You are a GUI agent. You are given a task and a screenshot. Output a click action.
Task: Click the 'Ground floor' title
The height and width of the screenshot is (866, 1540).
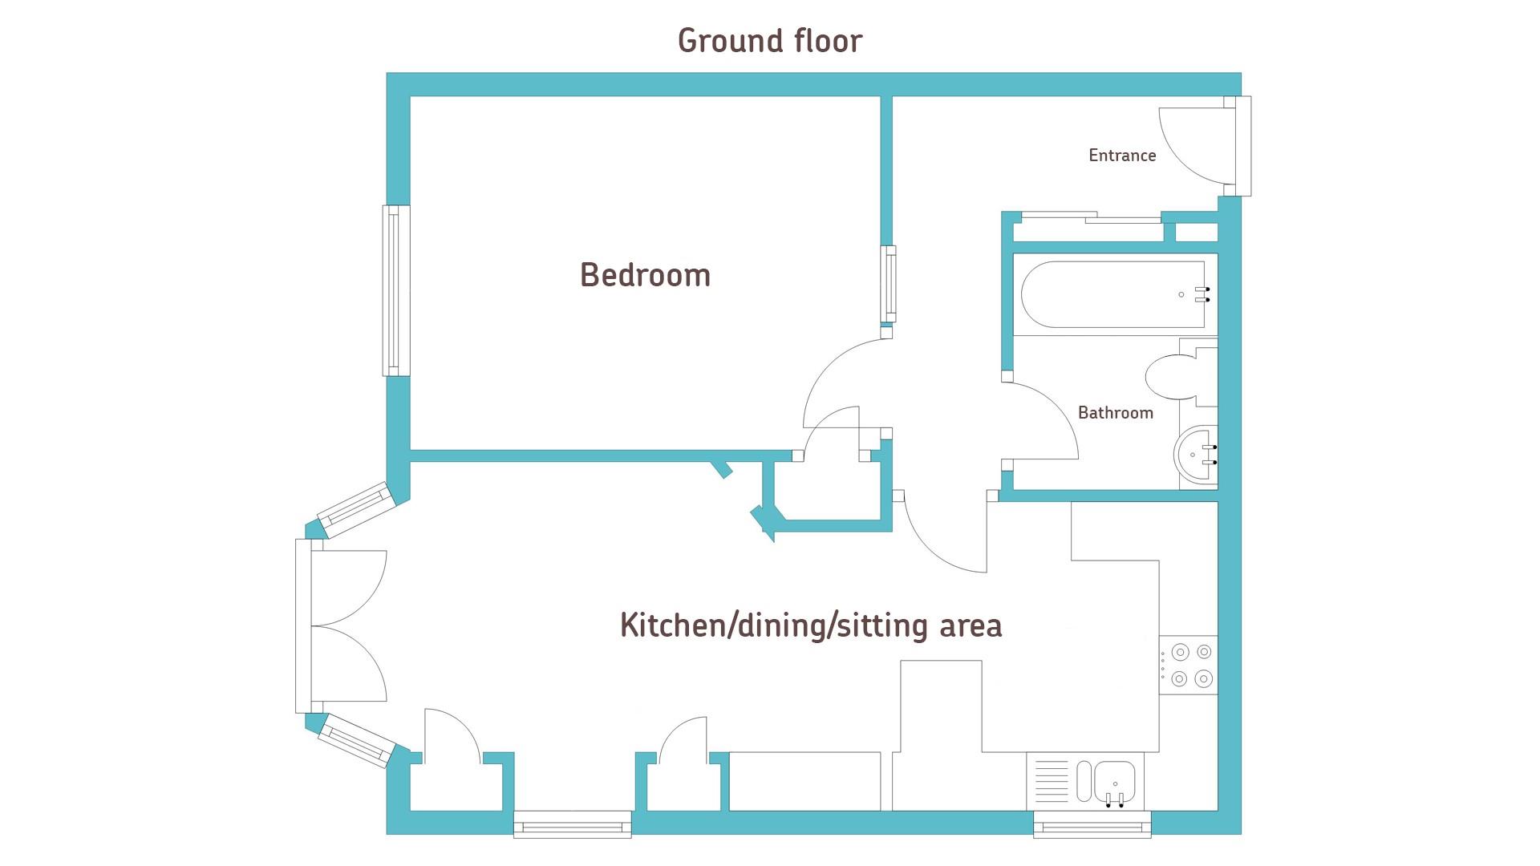[770, 41]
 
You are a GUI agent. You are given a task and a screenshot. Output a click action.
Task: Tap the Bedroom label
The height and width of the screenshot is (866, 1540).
[646, 275]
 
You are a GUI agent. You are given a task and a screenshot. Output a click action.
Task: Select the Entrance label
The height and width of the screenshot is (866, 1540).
[1122, 156]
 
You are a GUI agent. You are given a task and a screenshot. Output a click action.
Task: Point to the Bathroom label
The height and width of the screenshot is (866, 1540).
[1116, 413]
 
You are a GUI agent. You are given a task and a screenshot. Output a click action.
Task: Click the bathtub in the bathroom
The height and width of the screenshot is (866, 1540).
[1113, 294]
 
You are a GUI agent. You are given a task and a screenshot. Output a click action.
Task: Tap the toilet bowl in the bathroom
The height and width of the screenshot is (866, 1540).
[1171, 377]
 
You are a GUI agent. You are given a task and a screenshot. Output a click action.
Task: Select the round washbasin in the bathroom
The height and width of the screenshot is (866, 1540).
[1196, 455]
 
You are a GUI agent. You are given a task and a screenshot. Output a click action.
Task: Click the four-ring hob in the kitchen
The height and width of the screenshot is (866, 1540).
[1189, 666]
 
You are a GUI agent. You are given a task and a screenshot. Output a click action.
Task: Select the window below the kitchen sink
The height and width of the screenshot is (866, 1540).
[1092, 824]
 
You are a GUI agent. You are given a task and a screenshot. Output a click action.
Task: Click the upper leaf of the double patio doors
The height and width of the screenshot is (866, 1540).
[349, 588]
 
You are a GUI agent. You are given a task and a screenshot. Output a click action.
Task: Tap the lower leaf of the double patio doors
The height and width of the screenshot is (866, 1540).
[349, 664]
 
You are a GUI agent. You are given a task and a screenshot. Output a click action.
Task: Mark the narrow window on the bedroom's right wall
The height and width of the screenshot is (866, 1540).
[888, 284]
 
